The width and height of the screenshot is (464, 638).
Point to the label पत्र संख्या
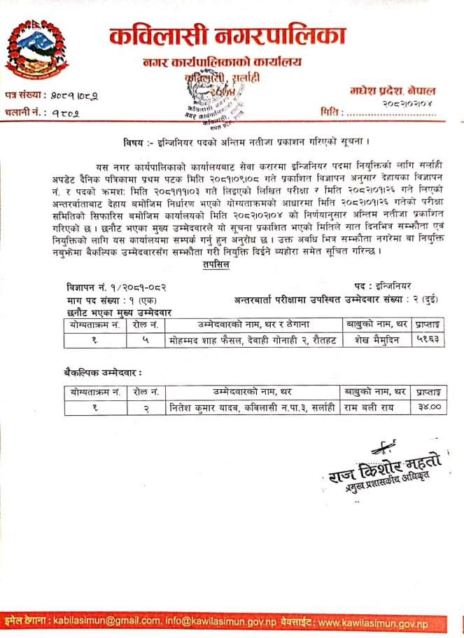(x=24, y=94)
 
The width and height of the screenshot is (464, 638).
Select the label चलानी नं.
(x=24, y=111)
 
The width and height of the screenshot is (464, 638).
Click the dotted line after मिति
(x=396, y=112)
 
